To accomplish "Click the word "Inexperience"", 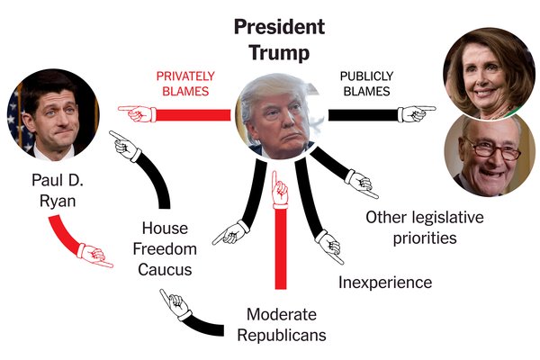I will point(385,283).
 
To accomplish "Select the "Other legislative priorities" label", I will point(425,228).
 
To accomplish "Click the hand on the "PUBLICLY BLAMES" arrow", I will point(416,114).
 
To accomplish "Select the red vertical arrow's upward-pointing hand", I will point(280,189).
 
